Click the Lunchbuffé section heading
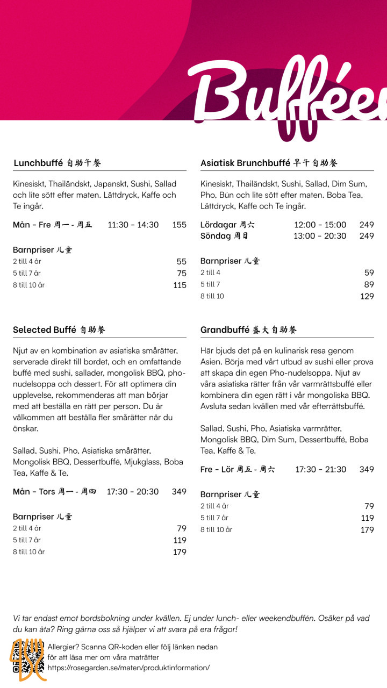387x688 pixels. [x=57, y=163]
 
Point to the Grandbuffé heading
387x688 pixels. [x=248, y=329]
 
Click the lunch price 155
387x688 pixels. [x=180, y=225]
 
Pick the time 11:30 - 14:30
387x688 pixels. [x=133, y=225]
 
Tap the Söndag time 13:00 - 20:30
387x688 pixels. [x=320, y=236]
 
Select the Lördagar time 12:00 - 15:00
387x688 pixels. [x=320, y=225]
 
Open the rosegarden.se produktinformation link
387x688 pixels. [x=128, y=668]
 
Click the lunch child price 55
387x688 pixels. [x=182, y=262]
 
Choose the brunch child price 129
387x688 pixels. [x=367, y=296]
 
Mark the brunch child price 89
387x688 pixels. [x=369, y=284]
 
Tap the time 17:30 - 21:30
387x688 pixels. [x=321, y=469]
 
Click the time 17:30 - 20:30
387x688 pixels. [x=133, y=491]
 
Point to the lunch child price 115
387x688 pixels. [x=180, y=285]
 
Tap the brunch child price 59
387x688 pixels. [x=369, y=273]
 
